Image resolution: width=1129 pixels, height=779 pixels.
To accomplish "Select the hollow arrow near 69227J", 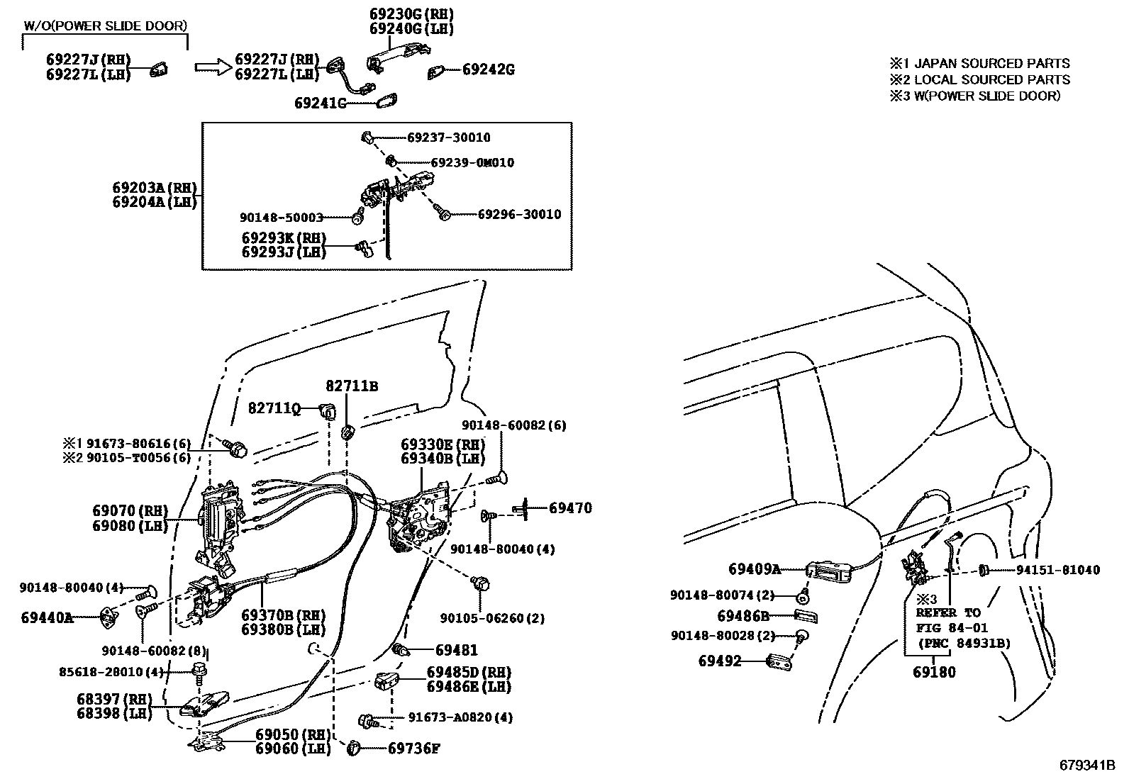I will pyautogui.click(x=213, y=67).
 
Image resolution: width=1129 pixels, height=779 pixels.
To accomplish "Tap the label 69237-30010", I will pyautogui.click(x=448, y=138).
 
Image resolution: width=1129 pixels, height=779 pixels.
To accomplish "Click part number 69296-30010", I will pyautogui.click(x=518, y=214).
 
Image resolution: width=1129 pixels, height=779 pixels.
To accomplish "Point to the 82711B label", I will pyautogui.click(x=352, y=386).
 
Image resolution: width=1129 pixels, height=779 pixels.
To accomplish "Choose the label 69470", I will pyautogui.click(x=570, y=508).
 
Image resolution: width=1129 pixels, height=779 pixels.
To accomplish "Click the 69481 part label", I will pyautogui.click(x=456, y=650).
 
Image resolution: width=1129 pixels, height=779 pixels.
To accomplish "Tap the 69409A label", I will pyautogui.click(x=754, y=569).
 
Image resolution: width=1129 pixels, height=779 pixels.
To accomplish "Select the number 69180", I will pyautogui.click(x=934, y=672).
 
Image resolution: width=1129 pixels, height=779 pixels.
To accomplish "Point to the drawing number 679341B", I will pyautogui.click(x=1087, y=766).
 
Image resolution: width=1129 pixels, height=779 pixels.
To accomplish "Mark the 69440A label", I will pyautogui.click(x=47, y=618).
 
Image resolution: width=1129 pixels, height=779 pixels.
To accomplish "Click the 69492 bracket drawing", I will pyautogui.click(x=780, y=661).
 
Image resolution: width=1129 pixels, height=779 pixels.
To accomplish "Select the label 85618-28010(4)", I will pyautogui.click(x=111, y=671).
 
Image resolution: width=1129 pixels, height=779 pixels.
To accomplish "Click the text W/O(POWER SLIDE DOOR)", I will pyautogui.click(x=106, y=26).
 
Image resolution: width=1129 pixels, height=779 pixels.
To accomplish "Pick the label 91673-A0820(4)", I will pyautogui.click(x=460, y=717).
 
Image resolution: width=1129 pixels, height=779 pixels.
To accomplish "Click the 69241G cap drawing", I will pyautogui.click(x=387, y=102).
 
